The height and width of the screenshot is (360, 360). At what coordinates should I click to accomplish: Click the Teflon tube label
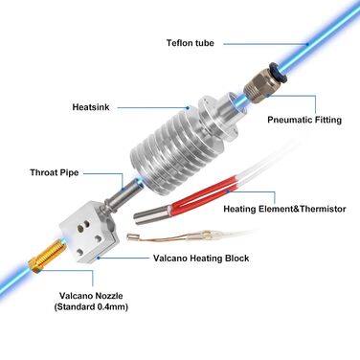tap(191, 43)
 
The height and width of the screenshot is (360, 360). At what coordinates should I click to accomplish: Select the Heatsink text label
tap(91, 107)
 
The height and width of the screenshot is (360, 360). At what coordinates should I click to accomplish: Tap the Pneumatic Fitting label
tap(304, 120)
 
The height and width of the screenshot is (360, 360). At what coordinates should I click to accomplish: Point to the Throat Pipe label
tap(55, 172)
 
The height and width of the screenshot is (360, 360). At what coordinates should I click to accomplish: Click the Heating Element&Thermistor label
tap(284, 209)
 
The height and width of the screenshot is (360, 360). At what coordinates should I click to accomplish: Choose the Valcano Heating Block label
tap(201, 258)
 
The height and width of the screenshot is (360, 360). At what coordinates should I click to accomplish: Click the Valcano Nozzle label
tap(91, 296)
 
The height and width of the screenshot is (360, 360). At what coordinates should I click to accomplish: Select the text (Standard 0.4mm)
tap(91, 307)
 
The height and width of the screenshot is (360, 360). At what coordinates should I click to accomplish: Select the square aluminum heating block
tap(89, 231)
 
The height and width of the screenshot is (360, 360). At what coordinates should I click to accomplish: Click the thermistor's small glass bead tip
tap(130, 236)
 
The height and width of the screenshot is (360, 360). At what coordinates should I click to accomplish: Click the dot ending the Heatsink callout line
tap(189, 108)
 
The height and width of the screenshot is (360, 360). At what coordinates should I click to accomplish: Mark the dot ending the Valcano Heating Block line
tap(99, 258)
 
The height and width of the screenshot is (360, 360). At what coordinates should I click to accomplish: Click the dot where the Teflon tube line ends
tap(308, 44)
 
